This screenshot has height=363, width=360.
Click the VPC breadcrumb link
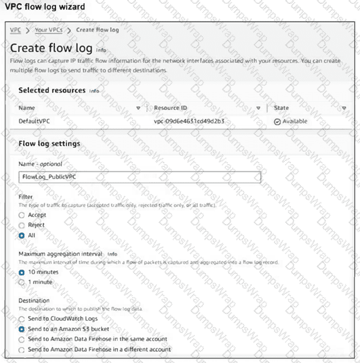(15, 29)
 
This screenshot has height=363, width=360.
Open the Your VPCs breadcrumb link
(49, 29)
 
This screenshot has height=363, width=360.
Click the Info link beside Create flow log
(100, 50)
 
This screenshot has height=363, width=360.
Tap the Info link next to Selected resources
(94, 91)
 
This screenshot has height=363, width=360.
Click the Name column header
(27, 108)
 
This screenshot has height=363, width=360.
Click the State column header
(281, 108)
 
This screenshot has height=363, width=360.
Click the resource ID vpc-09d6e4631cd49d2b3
(189, 121)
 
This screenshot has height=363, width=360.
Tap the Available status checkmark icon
(277, 121)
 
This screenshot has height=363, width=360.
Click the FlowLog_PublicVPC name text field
(139, 177)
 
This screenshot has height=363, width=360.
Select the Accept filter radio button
(22, 215)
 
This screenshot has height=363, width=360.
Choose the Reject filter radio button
(22, 225)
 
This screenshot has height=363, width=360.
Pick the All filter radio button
(22, 236)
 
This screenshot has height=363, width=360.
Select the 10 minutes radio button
(22, 273)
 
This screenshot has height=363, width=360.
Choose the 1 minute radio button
(22, 283)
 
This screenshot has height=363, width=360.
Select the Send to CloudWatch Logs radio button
(22, 319)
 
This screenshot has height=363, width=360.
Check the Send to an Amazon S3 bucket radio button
(22, 329)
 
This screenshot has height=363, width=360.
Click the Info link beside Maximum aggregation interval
(113, 254)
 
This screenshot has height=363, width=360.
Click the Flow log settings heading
(49, 144)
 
